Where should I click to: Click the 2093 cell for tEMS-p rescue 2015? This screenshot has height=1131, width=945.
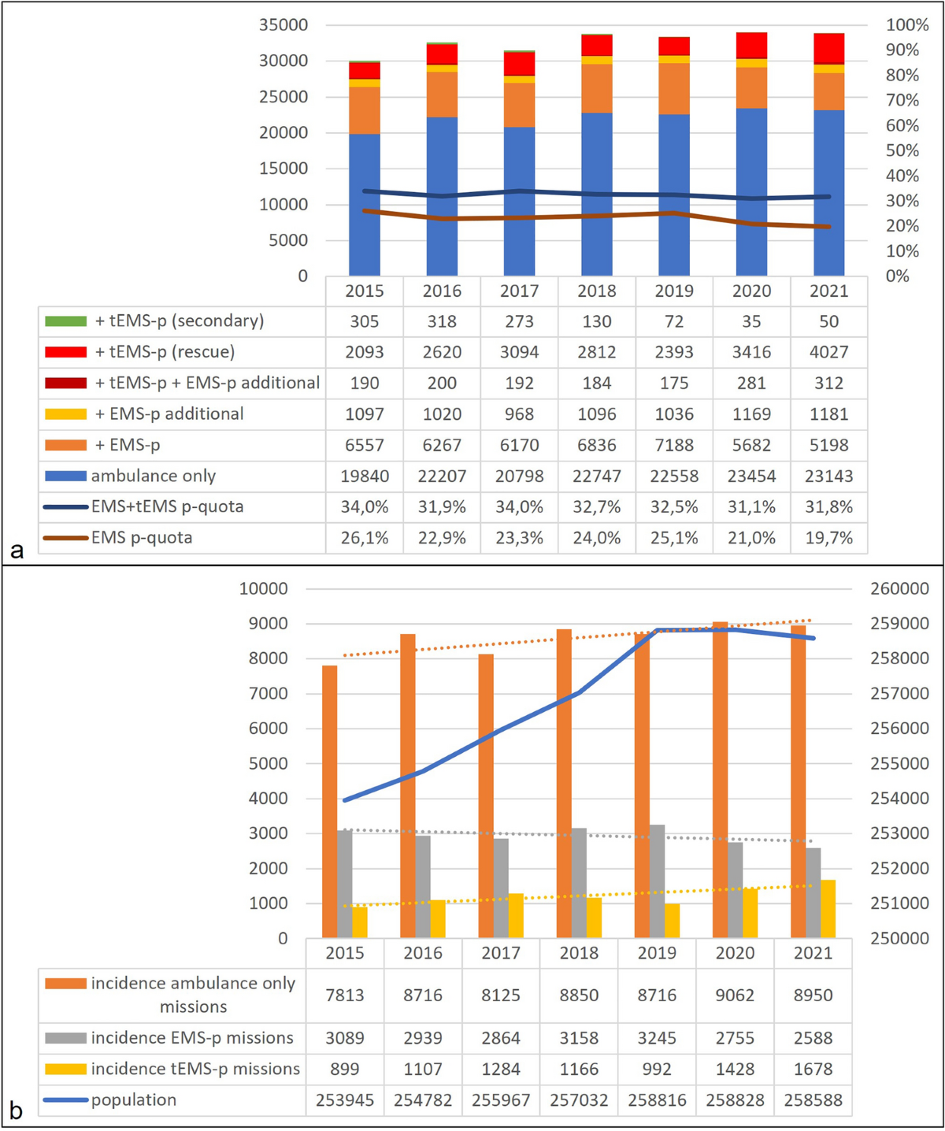tap(364, 352)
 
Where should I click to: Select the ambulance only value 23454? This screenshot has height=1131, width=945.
tap(751, 476)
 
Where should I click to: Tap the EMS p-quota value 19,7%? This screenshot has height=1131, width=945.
tap(828, 538)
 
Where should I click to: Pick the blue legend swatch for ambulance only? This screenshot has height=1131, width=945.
tap(65, 476)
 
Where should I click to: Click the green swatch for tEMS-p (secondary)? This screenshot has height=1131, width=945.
tap(65, 321)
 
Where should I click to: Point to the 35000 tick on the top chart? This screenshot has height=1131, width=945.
tap(283, 25)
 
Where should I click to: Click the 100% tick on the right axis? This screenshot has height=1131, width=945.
tap(906, 25)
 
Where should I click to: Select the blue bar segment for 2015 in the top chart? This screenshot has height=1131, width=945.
tap(364, 205)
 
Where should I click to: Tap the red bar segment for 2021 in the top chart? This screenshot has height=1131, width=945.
tap(828, 48)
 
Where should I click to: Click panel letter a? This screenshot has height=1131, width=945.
tap(17, 549)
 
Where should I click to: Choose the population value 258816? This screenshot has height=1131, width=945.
tap(657, 1100)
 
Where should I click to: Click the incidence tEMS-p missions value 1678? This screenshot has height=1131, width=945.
tap(813, 1069)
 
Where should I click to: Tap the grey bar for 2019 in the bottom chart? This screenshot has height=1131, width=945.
tap(657, 881)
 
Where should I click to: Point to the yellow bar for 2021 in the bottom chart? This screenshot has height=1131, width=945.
tap(828, 909)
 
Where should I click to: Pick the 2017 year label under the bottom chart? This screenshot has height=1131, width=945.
tap(501, 954)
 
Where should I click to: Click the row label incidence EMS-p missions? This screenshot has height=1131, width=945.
tap(191, 1038)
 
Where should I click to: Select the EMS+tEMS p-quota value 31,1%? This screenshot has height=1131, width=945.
tap(751, 507)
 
